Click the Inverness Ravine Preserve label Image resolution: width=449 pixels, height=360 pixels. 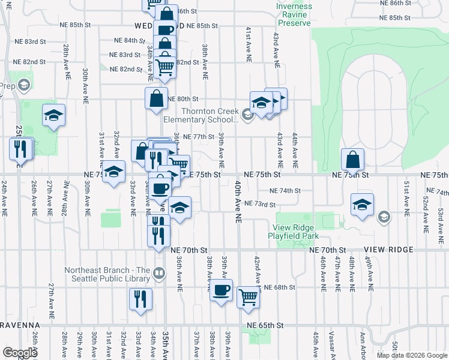click(x=294, y=14)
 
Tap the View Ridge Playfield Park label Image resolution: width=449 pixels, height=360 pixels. click(x=303, y=232)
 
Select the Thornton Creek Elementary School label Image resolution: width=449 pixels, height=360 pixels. click(x=210, y=115)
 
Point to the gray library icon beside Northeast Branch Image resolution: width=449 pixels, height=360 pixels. click(x=158, y=274)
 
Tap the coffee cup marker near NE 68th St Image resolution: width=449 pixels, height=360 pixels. click(x=221, y=291)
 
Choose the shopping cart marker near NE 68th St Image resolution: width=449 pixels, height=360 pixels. click(x=248, y=296)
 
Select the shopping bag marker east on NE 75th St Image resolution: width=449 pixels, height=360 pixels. click(x=353, y=160)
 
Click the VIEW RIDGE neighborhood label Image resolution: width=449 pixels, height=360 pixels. click(x=387, y=250)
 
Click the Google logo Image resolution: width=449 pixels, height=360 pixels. click(x=19, y=352)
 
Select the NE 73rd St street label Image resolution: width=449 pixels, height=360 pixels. click(x=259, y=204)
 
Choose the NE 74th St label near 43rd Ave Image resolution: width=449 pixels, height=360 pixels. click(x=285, y=191)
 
